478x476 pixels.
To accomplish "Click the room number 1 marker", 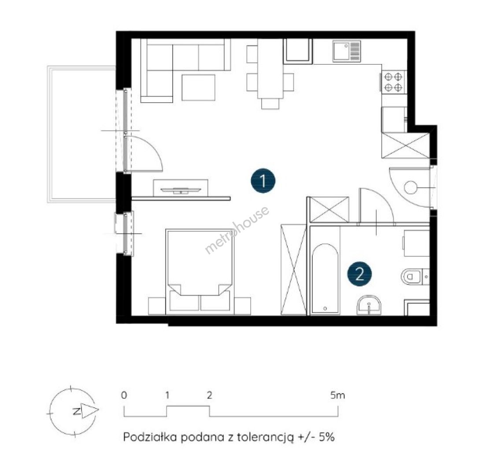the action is (x=263, y=181).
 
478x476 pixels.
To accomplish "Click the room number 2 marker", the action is (x=360, y=274).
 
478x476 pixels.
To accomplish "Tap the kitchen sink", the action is (x=347, y=51).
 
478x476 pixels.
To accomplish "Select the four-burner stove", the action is (x=393, y=82).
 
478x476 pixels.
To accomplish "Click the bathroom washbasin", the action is (x=369, y=305).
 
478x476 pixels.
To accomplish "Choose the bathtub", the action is (x=325, y=278).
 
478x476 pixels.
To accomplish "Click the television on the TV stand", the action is (x=181, y=190).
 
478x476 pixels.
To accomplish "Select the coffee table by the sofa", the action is (x=198, y=88).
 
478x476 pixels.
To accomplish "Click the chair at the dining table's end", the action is (x=270, y=104).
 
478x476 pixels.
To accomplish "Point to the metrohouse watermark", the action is (x=237, y=230).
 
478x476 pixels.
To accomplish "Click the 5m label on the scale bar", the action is (x=338, y=395).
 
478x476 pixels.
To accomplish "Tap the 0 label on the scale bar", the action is (x=124, y=395).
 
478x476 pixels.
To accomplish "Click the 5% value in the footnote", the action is (x=327, y=437).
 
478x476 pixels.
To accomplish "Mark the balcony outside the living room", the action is (x=82, y=134).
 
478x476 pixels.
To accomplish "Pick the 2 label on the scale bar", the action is (x=209, y=395).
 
